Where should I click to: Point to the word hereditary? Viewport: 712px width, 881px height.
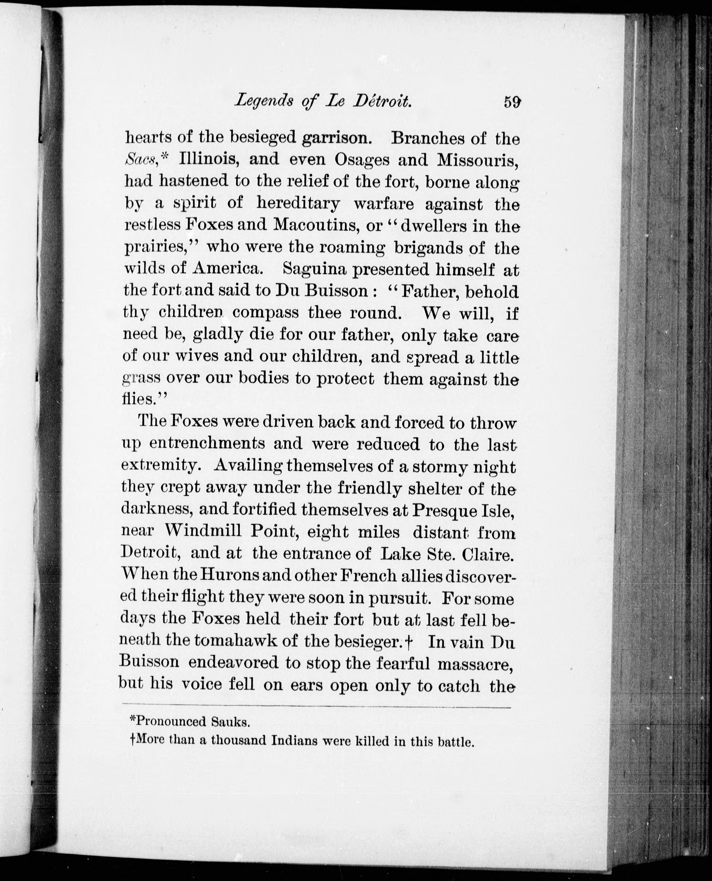299,203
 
